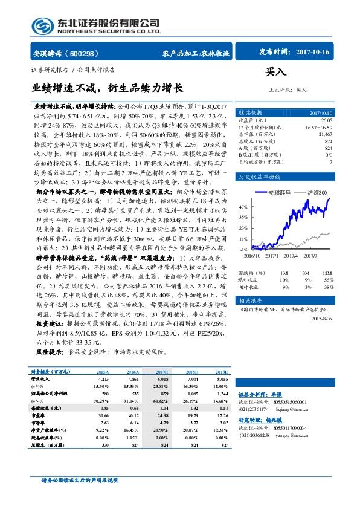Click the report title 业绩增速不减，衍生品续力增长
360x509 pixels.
click(107, 88)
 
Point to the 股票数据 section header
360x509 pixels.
click(249, 113)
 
